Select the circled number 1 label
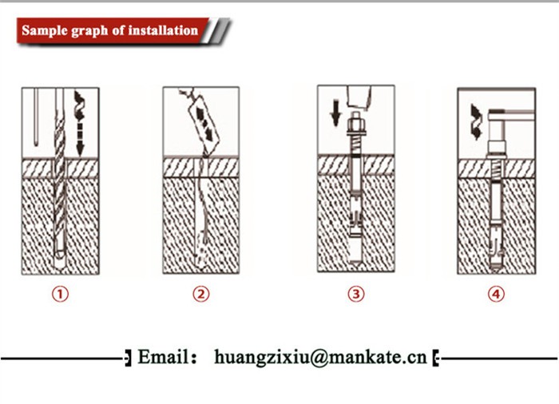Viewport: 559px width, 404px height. tap(60, 294)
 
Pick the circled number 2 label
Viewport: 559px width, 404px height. tap(201, 294)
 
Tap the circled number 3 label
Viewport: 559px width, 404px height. tap(356, 294)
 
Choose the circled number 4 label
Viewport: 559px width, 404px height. tap(496, 294)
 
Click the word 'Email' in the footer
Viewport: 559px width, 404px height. tap(164, 357)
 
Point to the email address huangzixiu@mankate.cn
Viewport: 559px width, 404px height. tap(320, 357)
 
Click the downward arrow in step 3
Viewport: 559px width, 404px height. tap(335, 113)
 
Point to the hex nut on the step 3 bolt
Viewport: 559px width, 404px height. tap(355, 126)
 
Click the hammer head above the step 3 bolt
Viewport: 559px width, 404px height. tap(359, 97)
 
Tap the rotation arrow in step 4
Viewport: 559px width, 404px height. tap(476, 121)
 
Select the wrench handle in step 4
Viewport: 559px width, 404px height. tap(512, 116)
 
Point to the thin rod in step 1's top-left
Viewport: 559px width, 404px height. tap(36, 117)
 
